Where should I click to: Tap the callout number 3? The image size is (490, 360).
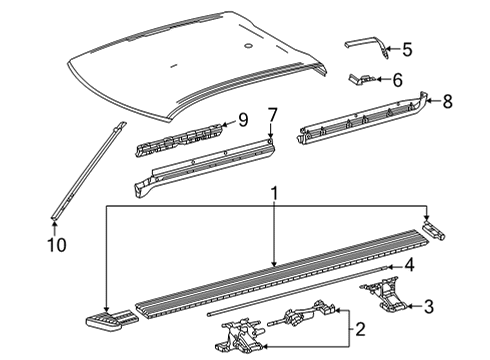pyautogui.click(x=428, y=306)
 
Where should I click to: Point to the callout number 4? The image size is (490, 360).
pyautogui.click(x=408, y=265)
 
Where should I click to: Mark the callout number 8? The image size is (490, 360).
pyautogui.click(x=447, y=100)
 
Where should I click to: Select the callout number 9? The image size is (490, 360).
pyautogui.click(x=241, y=122)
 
